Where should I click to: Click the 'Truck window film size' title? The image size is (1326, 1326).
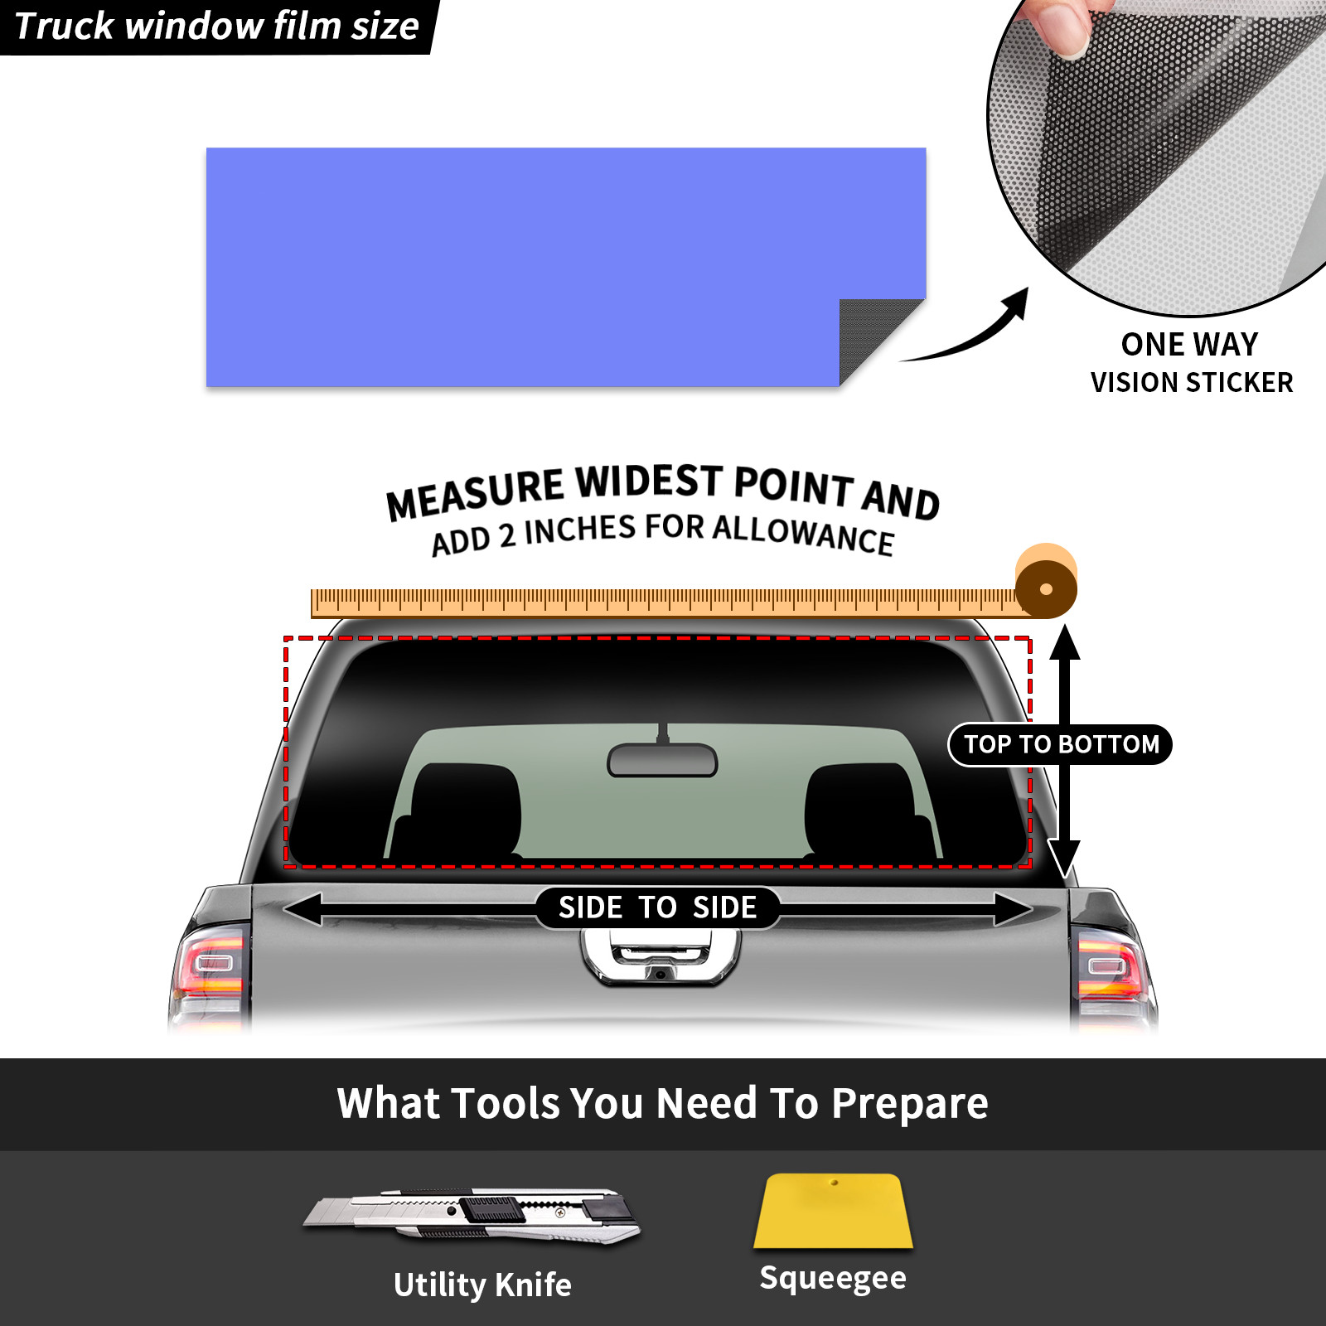(x=217, y=26)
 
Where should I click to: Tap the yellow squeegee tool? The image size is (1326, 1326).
(x=833, y=1211)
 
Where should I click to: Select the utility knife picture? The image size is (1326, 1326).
(x=472, y=1216)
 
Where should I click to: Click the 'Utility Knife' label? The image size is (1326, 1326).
(x=482, y=1285)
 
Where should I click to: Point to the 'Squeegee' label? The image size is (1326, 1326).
(x=833, y=1279)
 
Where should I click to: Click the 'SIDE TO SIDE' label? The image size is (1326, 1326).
(x=657, y=907)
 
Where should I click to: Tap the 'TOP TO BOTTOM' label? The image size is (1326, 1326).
(x=1062, y=744)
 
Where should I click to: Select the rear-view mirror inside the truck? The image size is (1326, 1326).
(x=662, y=758)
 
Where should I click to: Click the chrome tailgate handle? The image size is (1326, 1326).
(x=661, y=957)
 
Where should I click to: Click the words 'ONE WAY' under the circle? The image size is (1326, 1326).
(x=1189, y=344)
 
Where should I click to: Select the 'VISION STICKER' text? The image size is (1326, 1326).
(x=1192, y=382)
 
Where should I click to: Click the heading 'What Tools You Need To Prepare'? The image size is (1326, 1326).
(x=663, y=1104)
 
